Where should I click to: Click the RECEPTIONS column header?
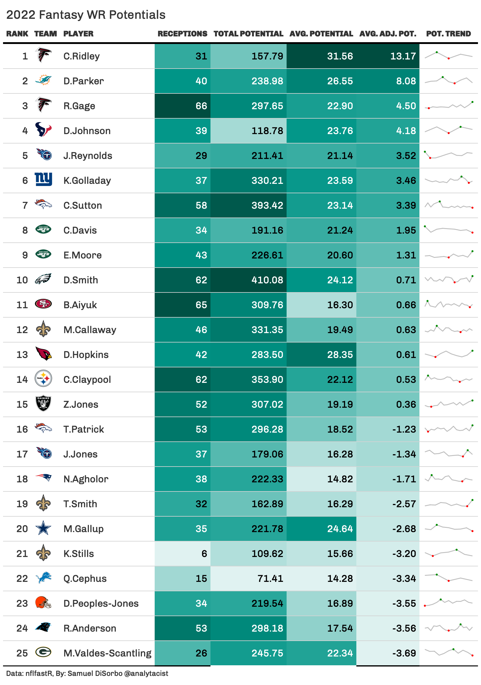[182, 34]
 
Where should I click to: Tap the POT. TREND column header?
[448, 34]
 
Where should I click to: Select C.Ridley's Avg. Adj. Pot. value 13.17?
[403, 56]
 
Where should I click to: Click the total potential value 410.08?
[267, 280]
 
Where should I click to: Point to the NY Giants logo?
[43, 179]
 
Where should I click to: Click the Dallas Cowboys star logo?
[43, 528]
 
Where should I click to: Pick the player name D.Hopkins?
[86, 355]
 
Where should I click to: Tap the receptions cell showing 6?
[204, 554]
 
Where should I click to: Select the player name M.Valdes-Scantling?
[107, 653]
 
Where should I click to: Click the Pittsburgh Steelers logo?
[43, 379]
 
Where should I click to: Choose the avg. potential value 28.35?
[340, 355]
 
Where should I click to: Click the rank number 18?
[22, 479]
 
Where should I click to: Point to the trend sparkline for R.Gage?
[449, 106]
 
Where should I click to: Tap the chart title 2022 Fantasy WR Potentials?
[86, 15]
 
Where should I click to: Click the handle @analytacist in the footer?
[146, 673]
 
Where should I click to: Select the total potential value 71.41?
[270, 579]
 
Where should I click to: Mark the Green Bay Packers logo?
[43, 652]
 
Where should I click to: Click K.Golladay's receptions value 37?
[201, 181]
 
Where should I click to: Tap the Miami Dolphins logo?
[43, 80]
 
